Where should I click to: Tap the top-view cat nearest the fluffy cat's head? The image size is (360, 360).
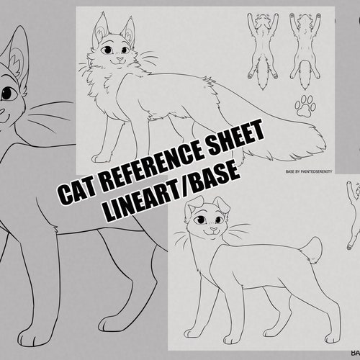coord(260,47)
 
